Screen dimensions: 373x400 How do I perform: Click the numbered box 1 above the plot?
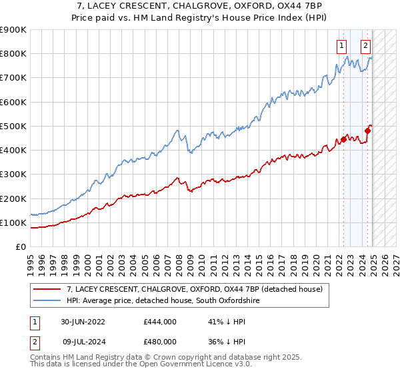(341, 46)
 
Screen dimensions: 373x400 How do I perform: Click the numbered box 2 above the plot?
(366, 46)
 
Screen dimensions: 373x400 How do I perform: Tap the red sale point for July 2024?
(367, 131)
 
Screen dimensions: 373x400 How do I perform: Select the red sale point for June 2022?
(344, 139)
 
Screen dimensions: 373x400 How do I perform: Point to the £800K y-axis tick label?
(13, 54)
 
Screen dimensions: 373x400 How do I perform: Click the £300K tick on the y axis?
(13, 175)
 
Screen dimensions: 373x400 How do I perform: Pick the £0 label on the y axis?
(21, 247)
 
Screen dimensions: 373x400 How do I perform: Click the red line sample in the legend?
(47, 289)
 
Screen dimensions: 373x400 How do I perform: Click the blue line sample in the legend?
(47, 301)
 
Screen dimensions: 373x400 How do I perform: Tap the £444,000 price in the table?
(159, 322)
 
